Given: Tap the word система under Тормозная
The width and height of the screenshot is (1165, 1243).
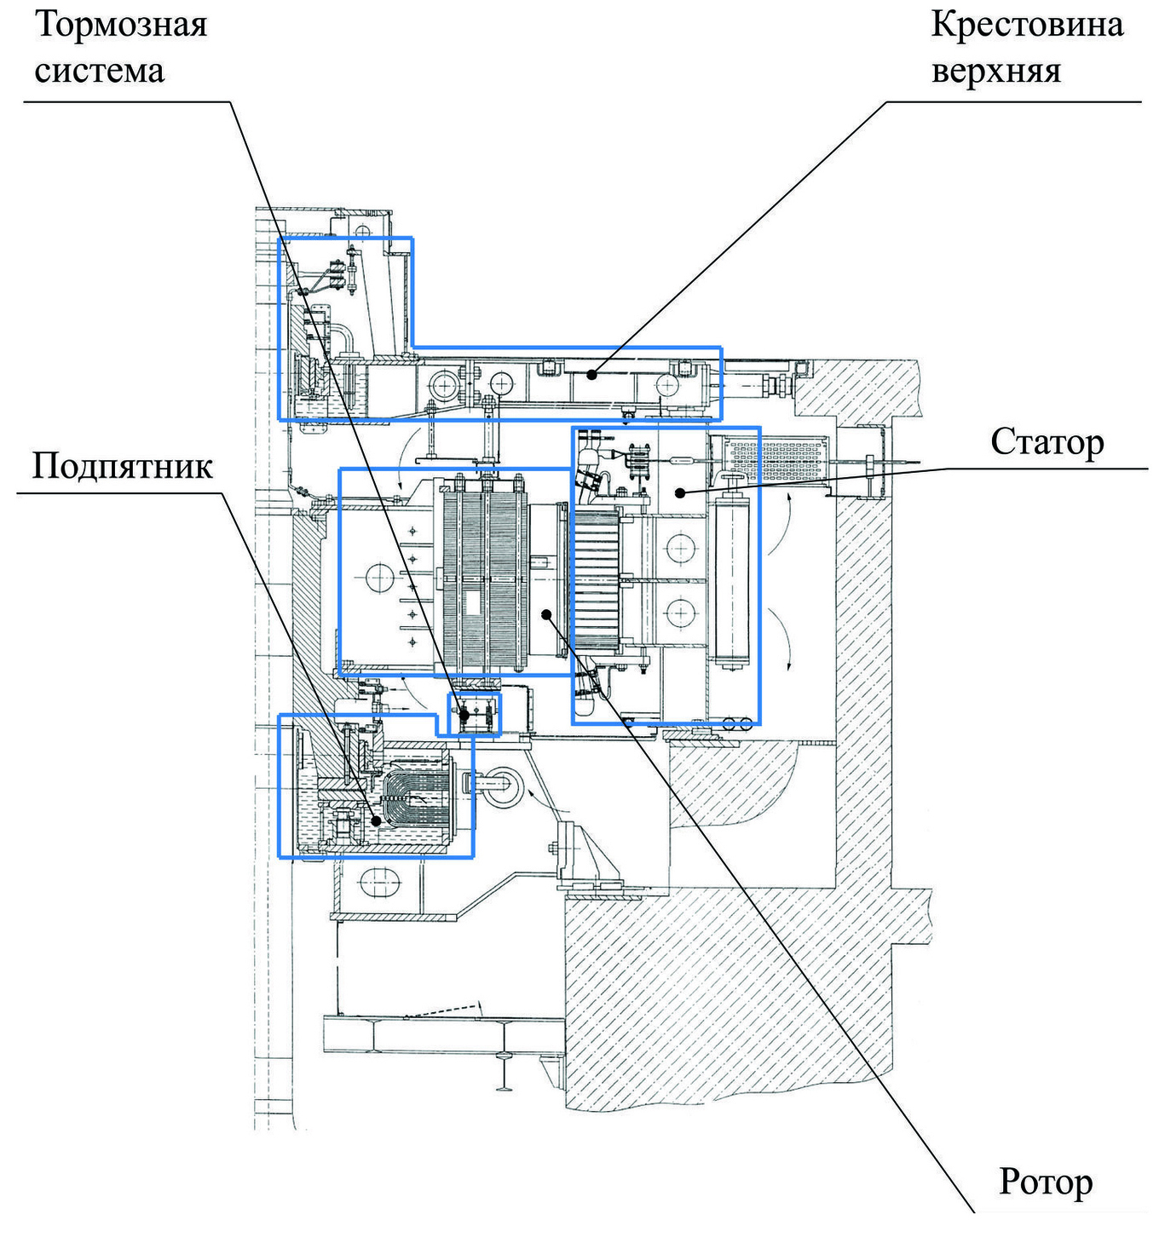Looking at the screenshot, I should pyautogui.click(x=99, y=70).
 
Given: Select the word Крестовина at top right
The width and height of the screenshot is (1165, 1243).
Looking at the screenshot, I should pyautogui.click(x=1027, y=24).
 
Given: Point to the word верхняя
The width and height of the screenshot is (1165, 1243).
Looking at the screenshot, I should pyautogui.click(x=996, y=70).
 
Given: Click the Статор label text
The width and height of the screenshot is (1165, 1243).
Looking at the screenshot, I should pyautogui.click(x=1047, y=442).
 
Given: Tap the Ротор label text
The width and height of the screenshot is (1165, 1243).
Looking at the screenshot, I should pyautogui.click(x=1046, y=1183).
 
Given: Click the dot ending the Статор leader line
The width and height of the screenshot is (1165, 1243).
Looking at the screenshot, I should pyautogui.click(x=679, y=492).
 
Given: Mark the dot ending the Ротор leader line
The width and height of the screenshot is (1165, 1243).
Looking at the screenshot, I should pyautogui.click(x=546, y=613).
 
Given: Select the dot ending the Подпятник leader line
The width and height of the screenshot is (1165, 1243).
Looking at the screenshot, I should pyautogui.click(x=376, y=820).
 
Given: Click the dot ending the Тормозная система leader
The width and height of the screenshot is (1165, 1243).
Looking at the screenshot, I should pyautogui.click(x=464, y=716).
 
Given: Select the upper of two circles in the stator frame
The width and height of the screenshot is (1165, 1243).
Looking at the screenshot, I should pyautogui.click(x=680, y=547).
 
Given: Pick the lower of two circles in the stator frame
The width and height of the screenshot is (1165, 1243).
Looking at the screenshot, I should pyautogui.click(x=680, y=612).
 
